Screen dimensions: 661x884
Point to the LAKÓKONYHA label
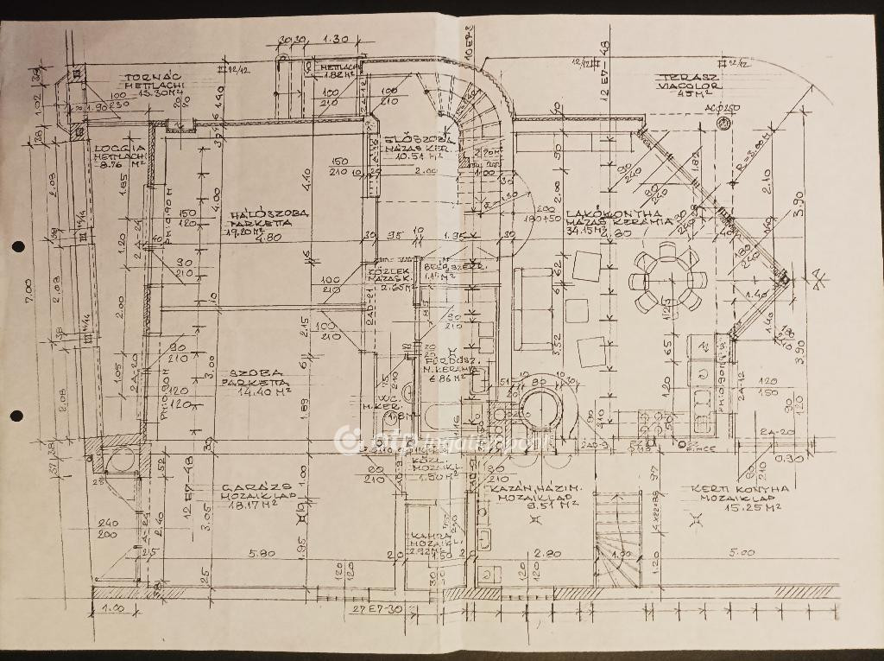click(615, 213)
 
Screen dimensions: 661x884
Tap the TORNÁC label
click(152, 77)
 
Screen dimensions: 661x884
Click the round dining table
click(666, 276)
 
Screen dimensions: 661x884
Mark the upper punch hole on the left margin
click(16, 249)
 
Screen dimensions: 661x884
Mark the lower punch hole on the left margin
click(16, 416)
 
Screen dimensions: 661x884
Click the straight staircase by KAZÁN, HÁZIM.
click(616, 527)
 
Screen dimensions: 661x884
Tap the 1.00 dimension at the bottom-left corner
click(113, 608)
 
